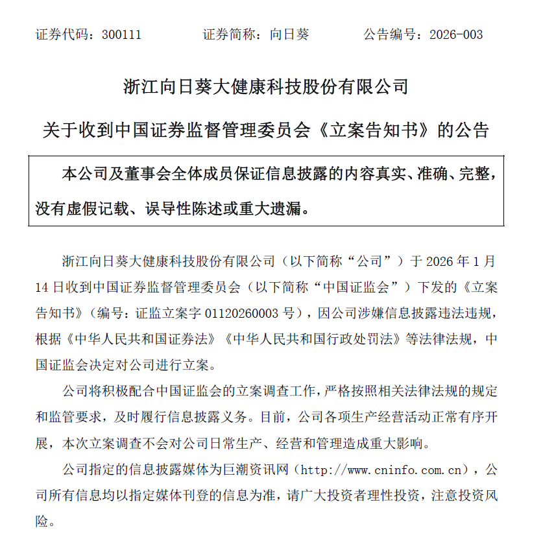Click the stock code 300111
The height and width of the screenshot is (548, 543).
tap(121, 34)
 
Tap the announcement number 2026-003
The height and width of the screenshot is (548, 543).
tap(456, 34)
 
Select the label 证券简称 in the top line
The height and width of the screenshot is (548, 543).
tap(227, 34)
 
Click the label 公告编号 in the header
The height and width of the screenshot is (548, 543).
tap(387, 34)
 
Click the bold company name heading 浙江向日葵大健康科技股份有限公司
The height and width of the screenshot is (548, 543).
tap(266, 86)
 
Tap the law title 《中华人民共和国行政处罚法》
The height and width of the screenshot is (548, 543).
tap(317, 339)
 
